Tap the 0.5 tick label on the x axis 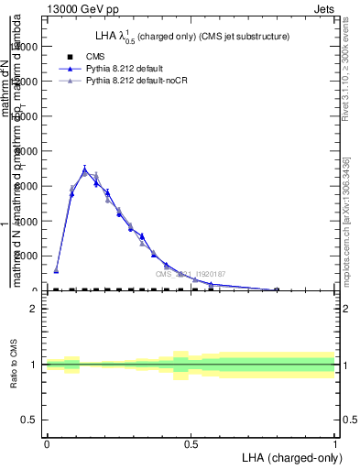tap(191, 443)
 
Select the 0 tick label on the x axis tap(47, 443)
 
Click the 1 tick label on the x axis tap(334, 443)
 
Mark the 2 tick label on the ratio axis tap(34, 309)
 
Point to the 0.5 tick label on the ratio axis tap(30, 420)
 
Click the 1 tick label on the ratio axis tap(34, 365)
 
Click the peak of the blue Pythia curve tap(85, 169)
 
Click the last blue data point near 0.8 tap(277, 289)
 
